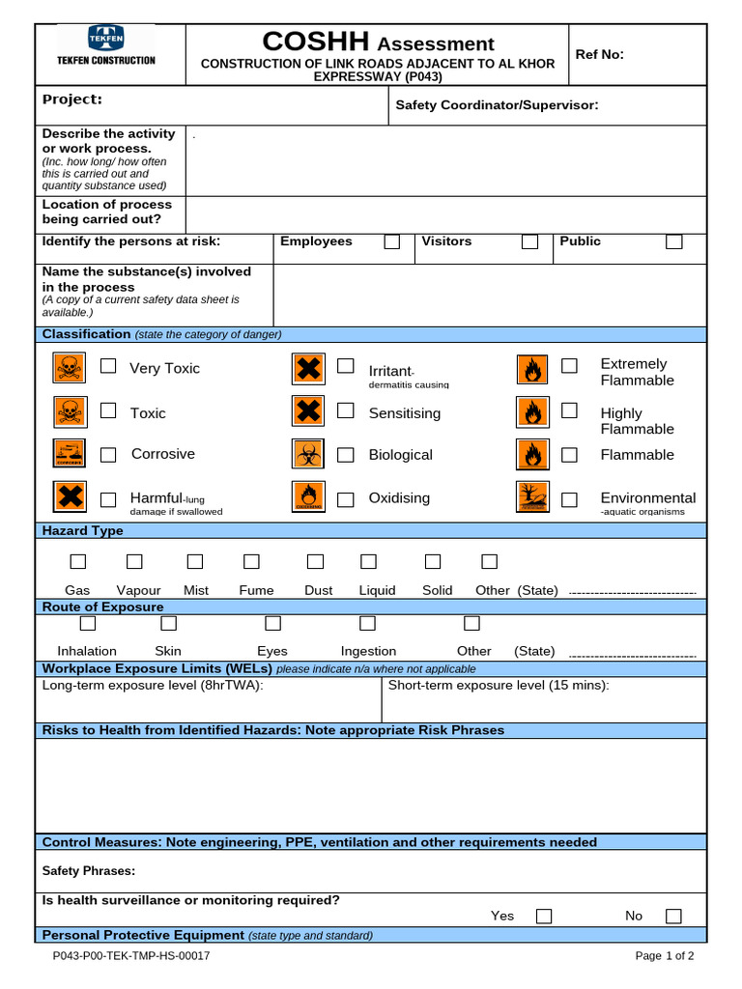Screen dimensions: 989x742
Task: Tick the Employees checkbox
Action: pyautogui.click(x=391, y=241)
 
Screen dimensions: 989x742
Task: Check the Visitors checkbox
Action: pyautogui.click(x=529, y=241)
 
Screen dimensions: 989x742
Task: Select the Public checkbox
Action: pyautogui.click(x=673, y=241)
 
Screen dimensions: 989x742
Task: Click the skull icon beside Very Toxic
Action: pyautogui.click(x=69, y=367)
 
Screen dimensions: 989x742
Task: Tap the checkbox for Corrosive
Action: pyautogui.click(x=109, y=454)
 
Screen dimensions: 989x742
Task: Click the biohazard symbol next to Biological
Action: pyautogui.click(x=307, y=453)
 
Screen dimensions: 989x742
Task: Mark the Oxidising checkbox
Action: pyautogui.click(x=345, y=498)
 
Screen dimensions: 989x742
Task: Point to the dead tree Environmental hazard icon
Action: pyautogui.click(x=532, y=496)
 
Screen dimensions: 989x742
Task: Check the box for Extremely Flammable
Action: pyautogui.click(x=570, y=366)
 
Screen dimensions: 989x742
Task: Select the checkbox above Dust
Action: pyautogui.click(x=315, y=561)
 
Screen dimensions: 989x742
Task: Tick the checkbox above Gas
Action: pyautogui.click(x=77, y=561)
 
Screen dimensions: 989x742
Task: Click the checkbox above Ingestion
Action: pyautogui.click(x=367, y=623)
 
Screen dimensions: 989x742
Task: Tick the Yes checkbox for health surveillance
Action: pyautogui.click(x=544, y=916)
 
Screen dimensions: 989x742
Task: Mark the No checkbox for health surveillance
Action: pyautogui.click(x=673, y=916)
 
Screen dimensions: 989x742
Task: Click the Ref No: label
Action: pyautogui.click(x=600, y=54)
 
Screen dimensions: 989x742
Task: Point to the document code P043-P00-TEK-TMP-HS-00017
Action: pyautogui.click(x=131, y=956)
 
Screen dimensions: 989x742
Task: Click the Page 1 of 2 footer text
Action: pyautogui.click(x=665, y=956)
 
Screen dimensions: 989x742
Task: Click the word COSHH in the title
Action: pyautogui.click(x=316, y=42)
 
